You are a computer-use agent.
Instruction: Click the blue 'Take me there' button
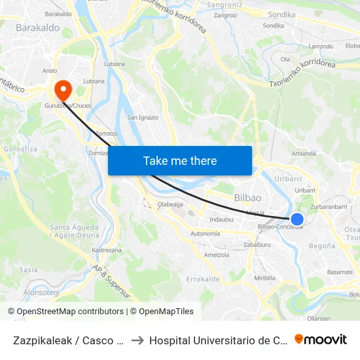[x=180, y=160]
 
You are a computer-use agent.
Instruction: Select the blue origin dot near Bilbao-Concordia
[x=297, y=219]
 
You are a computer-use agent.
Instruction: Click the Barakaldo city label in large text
[x=37, y=28]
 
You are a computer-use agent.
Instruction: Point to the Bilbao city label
[x=247, y=198]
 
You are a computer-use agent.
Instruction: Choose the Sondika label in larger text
[x=281, y=14]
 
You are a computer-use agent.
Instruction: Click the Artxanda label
[x=303, y=154]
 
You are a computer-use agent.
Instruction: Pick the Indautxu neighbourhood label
[x=221, y=219]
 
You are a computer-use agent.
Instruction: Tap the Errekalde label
[x=202, y=279]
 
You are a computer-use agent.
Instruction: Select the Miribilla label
[x=264, y=278]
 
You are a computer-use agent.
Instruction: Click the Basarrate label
[x=340, y=272]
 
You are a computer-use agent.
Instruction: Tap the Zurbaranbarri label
[x=329, y=206]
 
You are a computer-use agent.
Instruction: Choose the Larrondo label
[x=321, y=46]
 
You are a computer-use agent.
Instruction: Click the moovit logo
[x=321, y=339]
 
